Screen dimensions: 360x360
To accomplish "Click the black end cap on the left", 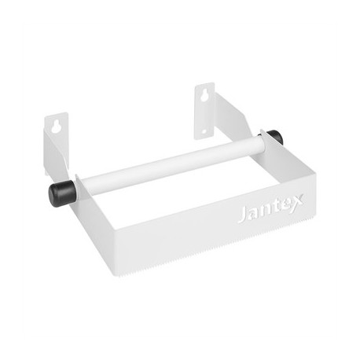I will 61,192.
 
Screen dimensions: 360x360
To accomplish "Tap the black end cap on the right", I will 275,138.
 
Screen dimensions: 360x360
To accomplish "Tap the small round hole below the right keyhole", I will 206,130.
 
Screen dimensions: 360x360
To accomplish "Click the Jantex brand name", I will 269,211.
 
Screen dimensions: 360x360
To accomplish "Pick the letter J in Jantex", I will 242,215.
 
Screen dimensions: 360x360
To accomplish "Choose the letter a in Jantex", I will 253,215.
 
